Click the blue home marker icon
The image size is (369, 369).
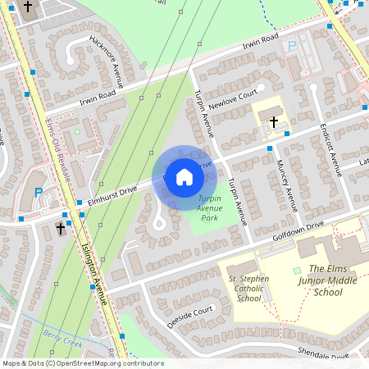184,176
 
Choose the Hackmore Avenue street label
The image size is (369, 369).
105,64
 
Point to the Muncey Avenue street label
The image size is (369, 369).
286,186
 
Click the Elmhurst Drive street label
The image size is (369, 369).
112,194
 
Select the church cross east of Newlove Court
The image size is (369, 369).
273,121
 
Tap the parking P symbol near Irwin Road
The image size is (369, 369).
292,48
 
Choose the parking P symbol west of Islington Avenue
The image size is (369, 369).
37,194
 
